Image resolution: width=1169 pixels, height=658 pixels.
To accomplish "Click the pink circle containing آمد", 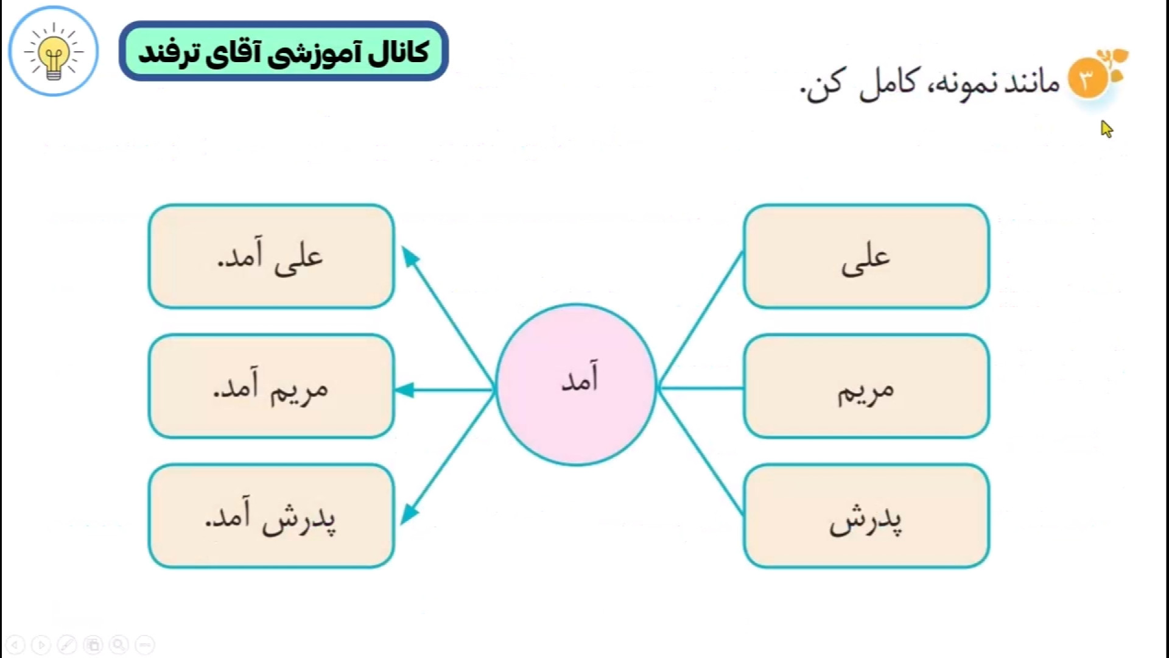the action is coord(576,385).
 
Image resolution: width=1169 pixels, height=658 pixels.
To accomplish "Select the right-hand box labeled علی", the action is coord(866,256).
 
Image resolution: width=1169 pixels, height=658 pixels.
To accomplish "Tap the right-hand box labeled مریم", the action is coord(866,386).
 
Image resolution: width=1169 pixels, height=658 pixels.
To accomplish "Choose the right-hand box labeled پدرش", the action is coord(866,517).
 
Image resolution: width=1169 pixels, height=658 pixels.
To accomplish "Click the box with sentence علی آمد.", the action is coord(272,256).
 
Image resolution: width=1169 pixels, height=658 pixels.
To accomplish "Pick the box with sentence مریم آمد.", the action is coord(272,386).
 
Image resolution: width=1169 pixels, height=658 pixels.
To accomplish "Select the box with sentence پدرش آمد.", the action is coord(272,517).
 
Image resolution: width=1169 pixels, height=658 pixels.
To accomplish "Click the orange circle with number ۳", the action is coord(1087,79).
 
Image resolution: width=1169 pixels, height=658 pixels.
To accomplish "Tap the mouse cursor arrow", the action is coord(1106,129).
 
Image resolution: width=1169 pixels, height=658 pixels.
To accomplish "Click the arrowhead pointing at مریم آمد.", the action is coord(405,390).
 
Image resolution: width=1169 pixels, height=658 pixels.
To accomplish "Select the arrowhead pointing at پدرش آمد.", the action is coord(410,514).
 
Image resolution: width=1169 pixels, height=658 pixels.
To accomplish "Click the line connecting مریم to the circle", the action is coord(701,387).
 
